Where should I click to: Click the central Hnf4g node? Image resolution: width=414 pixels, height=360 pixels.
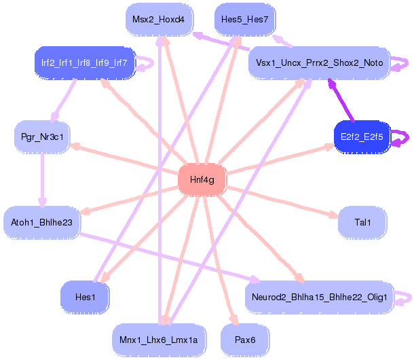(202, 179)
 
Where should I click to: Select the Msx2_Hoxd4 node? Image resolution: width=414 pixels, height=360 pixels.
(159, 20)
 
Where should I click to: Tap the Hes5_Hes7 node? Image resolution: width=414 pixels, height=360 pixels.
(244, 20)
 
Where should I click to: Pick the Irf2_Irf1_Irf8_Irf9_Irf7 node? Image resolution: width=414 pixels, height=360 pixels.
(85, 63)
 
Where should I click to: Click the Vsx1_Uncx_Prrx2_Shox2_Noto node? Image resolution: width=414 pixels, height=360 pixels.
(319, 63)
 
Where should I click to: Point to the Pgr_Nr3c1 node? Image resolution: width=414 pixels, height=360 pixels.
(43, 137)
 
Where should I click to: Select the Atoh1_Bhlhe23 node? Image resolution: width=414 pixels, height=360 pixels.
(42, 222)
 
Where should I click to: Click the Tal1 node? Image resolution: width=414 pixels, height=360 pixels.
(362, 222)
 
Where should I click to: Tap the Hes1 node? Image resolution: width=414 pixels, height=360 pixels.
(84, 297)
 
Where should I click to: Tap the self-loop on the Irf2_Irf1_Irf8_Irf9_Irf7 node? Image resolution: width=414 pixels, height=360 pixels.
(146, 63)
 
